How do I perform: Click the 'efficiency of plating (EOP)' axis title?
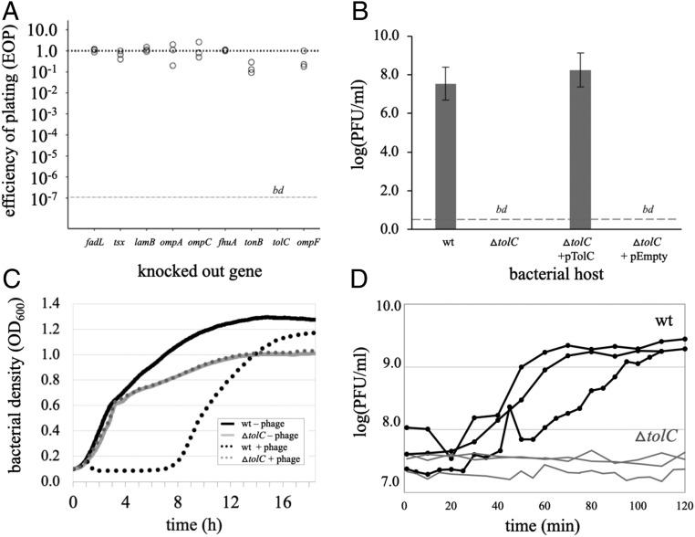tap(16, 115)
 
